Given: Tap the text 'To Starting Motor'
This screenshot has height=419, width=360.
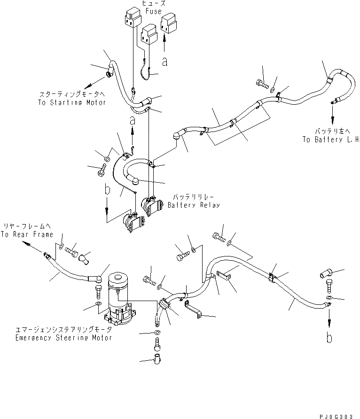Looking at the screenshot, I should click(72, 102).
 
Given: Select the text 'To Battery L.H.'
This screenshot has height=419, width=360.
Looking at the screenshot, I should click(331, 140).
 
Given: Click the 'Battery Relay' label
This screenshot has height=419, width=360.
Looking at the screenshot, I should click(194, 205).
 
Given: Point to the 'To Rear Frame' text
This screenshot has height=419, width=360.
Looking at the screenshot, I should click(26, 234).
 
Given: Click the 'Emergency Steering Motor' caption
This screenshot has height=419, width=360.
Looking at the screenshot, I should click(63, 338).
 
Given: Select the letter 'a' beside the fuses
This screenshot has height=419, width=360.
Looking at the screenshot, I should click(164, 61).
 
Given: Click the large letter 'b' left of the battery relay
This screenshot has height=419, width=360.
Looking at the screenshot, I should click(108, 190).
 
